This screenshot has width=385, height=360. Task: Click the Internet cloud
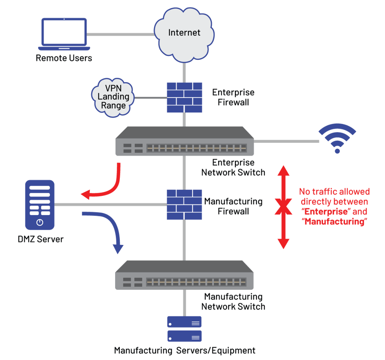point(184,33)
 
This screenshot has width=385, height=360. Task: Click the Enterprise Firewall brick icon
point(184,97)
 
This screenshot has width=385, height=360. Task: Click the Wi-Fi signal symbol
point(337,139)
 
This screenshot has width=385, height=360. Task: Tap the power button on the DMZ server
point(40,222)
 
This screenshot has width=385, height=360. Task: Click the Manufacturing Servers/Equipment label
point(184,351)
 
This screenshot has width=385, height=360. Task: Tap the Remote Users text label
point(64,58)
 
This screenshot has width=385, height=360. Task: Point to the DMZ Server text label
point(41,239)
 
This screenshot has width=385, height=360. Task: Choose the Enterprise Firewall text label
point(233,97)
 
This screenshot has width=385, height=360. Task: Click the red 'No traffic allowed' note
point(335,207)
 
